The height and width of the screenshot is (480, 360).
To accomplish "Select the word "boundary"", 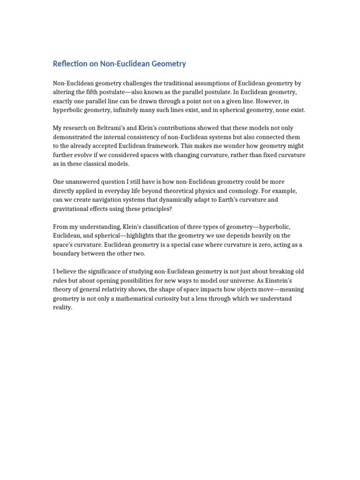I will tap(67, 254).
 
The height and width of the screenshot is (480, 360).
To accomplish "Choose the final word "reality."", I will tap(63, 308).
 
